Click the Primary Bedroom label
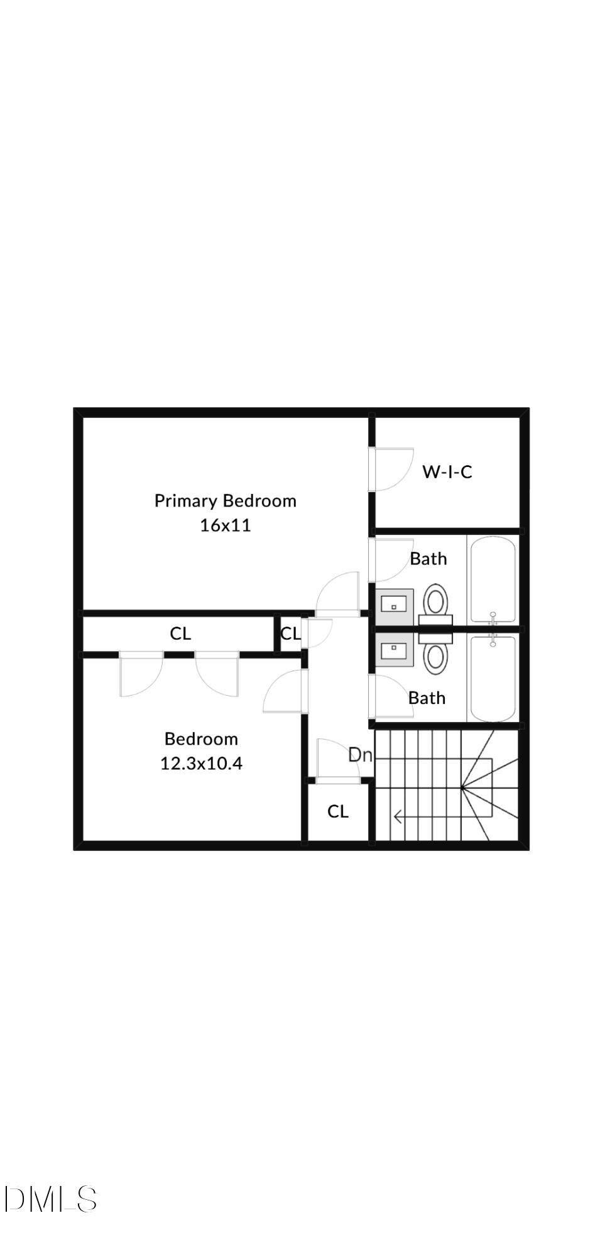coord(225,501)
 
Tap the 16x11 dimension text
coord(225,525)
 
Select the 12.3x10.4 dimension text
coord(201,764)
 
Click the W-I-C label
coord(447,472)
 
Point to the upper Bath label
coord(428,559)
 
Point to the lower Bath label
coord(427,698)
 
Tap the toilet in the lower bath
coord(435,655)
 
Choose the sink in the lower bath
coord(395,649)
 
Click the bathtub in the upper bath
coord(493,578)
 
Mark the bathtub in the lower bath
coord(493,679)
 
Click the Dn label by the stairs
coord(360,755)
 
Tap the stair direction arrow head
coord(397,817)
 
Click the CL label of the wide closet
coord(180,634)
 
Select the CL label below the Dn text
coord(338,811)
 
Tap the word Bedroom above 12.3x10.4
coord(201,738)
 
